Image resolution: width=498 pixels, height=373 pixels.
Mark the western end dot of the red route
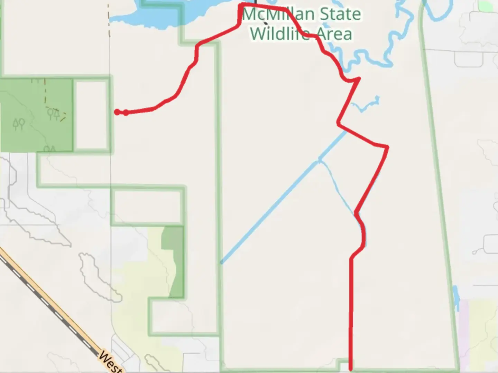(117, 112)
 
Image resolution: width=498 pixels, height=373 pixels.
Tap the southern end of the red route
(351, 369)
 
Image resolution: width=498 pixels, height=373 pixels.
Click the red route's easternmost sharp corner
(387, 148)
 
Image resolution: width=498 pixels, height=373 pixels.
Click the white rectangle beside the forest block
(92, 115)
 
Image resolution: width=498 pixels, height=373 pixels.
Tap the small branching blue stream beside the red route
(367, 105)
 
